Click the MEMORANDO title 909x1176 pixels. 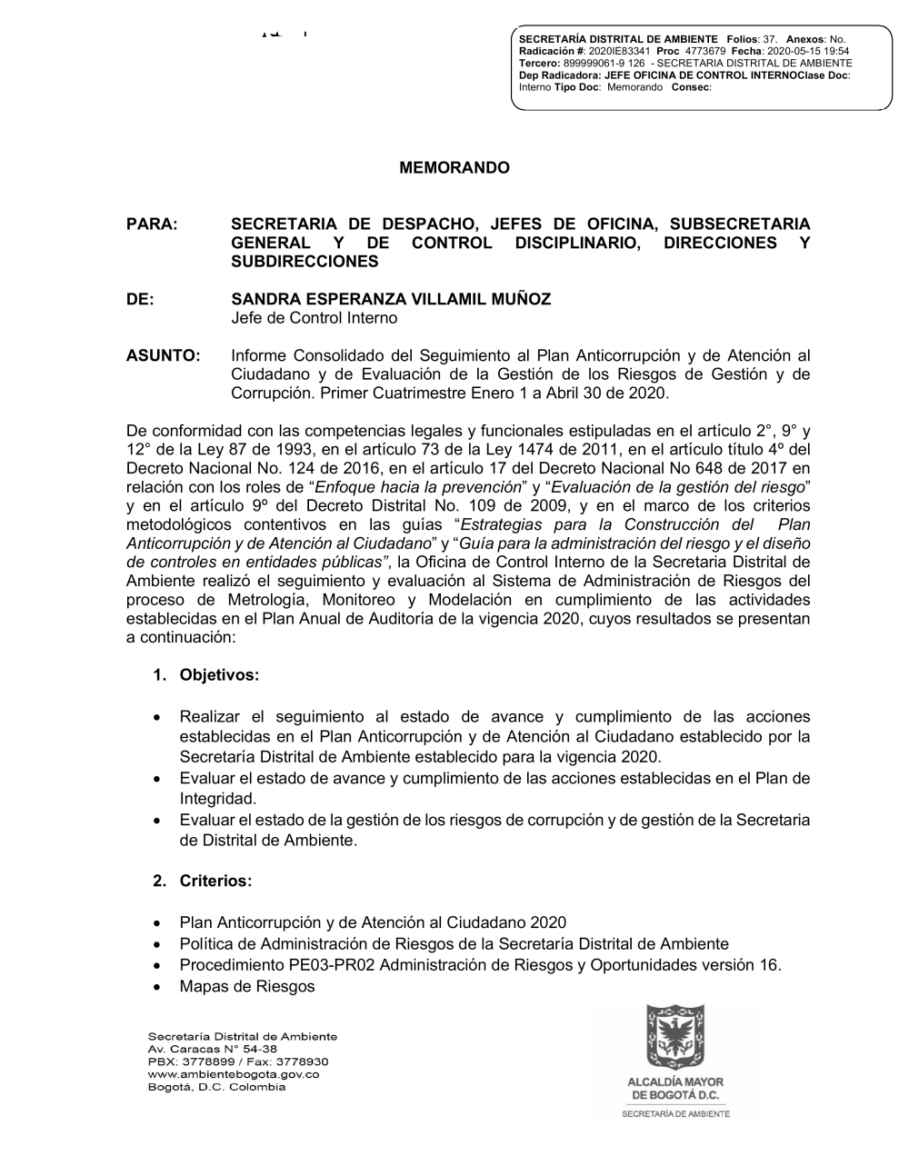[454, 168]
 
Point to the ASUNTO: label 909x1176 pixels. [163, 355]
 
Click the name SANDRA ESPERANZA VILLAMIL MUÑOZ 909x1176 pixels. [391, 299]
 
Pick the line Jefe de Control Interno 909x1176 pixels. [314, 318]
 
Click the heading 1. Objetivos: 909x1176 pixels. [206, 675]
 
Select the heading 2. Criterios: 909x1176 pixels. [203, 881]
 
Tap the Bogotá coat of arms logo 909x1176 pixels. [674, 1037]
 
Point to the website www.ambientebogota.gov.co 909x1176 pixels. [233, 1074]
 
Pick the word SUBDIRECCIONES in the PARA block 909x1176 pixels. [305, 262]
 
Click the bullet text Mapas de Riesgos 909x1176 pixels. [246, 986]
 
